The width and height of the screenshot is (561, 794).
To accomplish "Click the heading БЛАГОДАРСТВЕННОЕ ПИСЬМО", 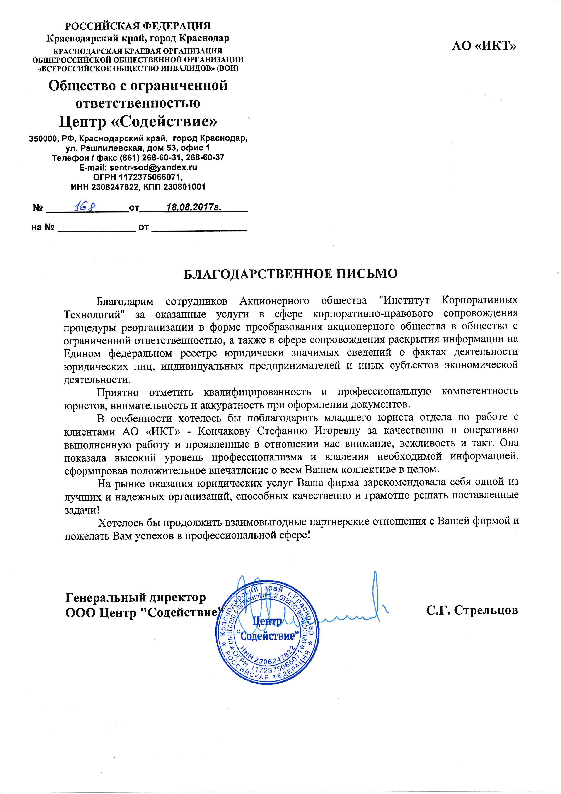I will (x=290, y=274).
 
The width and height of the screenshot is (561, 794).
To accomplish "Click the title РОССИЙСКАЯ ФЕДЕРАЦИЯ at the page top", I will (x=138, y=26).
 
